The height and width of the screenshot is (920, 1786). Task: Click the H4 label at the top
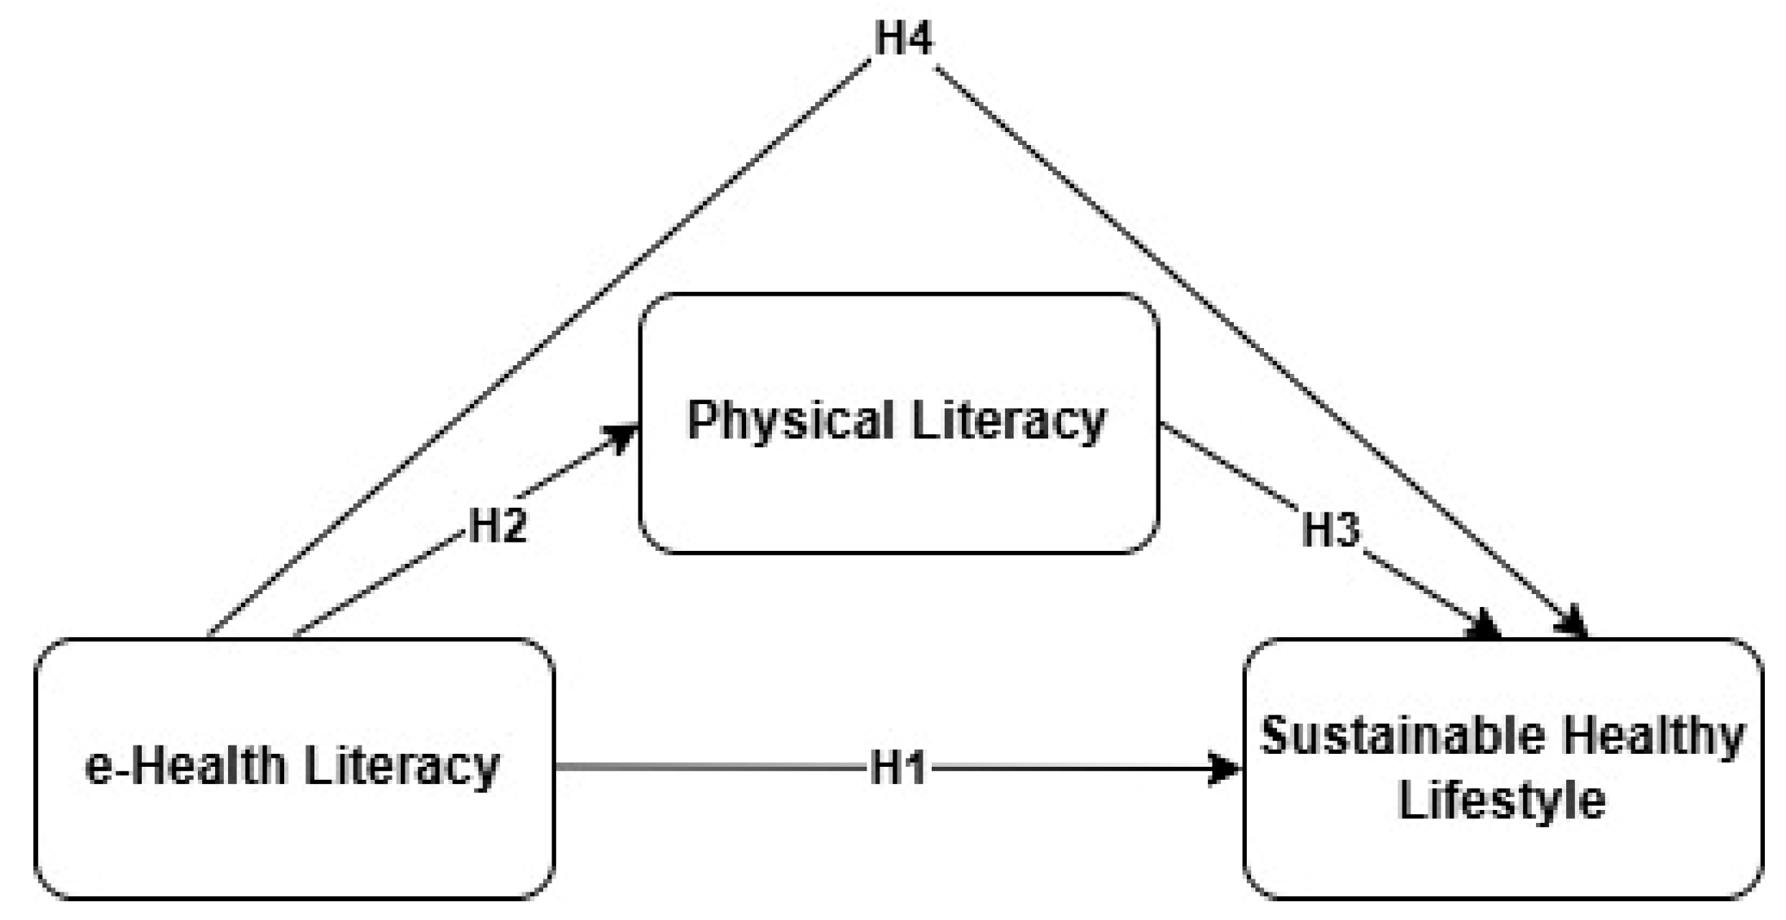(903, 37)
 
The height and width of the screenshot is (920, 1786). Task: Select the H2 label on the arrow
(498, 526)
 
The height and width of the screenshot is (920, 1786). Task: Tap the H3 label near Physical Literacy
(1331, 530)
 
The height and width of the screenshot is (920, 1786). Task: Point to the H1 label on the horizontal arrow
(897, 768)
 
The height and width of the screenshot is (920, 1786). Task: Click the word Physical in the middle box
(790, 421)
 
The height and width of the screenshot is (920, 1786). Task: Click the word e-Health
(185, 766)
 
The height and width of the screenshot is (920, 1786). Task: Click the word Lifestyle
(1502, 799)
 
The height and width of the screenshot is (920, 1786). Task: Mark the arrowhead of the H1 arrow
(1227, 768)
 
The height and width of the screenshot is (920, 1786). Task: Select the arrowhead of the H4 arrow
(1576, 623)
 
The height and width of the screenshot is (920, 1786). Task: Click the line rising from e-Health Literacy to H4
(538, 350)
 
